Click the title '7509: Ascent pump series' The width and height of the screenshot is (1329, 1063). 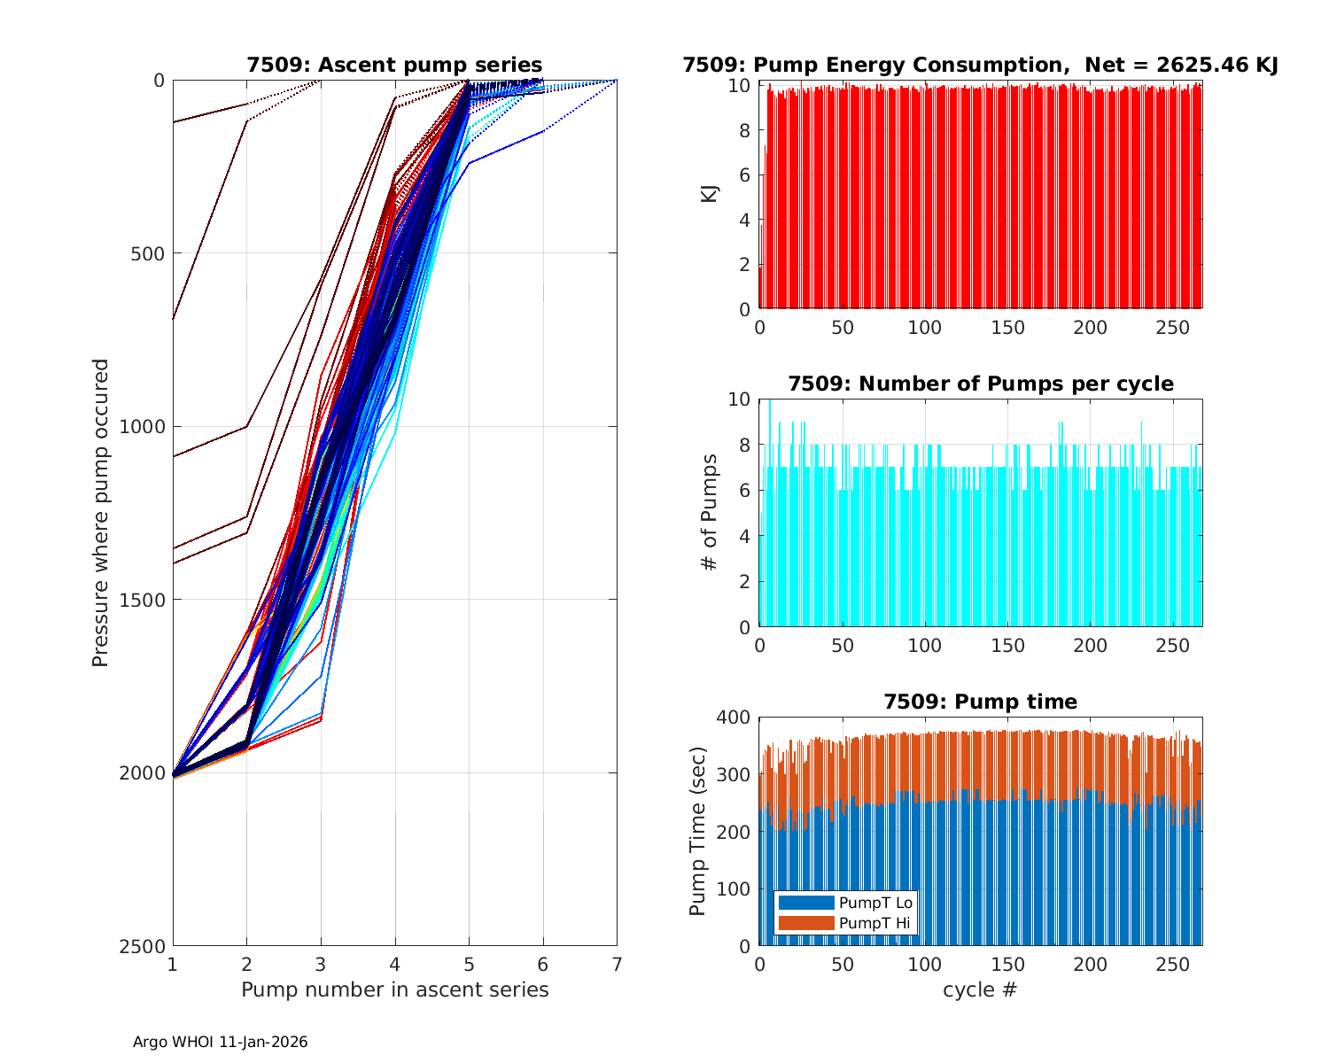394,65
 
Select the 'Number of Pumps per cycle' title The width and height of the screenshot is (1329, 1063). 980,384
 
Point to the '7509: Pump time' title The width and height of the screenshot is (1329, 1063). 980,702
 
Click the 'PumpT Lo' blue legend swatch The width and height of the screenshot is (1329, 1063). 805,903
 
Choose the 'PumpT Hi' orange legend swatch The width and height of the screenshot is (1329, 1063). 805,923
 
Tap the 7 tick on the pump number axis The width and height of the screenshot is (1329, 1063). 617,964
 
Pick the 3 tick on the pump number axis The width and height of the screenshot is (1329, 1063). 321,964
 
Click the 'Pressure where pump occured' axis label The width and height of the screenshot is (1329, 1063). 101,513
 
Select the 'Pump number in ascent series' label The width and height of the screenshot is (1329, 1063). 394,989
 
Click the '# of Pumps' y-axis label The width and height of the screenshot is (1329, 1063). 710,512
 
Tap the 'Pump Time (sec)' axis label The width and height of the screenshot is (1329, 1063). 698,831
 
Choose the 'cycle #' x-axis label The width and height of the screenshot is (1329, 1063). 980,989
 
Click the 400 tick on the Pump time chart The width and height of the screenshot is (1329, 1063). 737,718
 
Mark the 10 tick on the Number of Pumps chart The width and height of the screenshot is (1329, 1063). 740,400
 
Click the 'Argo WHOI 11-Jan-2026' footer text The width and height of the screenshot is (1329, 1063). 220,1043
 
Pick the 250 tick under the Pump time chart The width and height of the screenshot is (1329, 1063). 1173,964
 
